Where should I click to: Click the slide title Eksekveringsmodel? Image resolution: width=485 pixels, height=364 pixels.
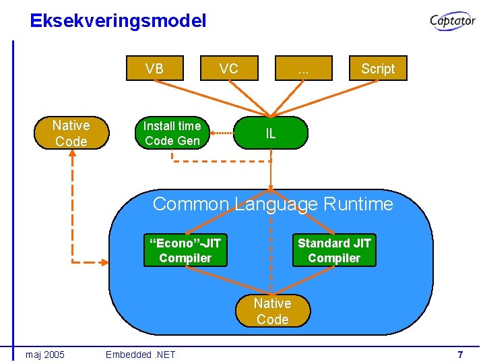[118, 21]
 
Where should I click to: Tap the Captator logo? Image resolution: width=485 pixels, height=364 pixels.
[453, 22]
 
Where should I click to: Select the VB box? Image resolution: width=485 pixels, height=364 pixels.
[154, 69]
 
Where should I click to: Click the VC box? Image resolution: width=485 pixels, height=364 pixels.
[229, 69]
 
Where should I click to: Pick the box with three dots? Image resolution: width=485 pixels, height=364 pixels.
[303, 69]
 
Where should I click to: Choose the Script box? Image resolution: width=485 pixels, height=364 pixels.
[378, 69]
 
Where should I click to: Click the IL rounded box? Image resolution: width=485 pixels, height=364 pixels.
[271, 133]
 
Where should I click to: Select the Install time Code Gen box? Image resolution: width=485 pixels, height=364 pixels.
[172, 133]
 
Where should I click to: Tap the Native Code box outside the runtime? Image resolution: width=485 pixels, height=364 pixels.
[71, 133]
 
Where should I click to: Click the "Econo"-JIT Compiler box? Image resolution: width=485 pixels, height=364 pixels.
[185, 250]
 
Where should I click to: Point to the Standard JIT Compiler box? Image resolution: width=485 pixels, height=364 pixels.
[334, 250]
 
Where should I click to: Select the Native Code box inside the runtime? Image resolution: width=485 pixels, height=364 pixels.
[272, 311]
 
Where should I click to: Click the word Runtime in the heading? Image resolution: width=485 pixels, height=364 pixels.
[358, 204]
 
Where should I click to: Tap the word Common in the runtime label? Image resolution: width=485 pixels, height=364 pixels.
[191, 204]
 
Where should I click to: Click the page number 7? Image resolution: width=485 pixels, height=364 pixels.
[460, 355]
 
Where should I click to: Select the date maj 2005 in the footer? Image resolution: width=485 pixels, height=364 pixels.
[45, 355]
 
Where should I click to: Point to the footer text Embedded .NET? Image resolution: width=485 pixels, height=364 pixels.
[140, 355]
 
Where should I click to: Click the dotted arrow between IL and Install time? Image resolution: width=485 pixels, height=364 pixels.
[222, 133]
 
